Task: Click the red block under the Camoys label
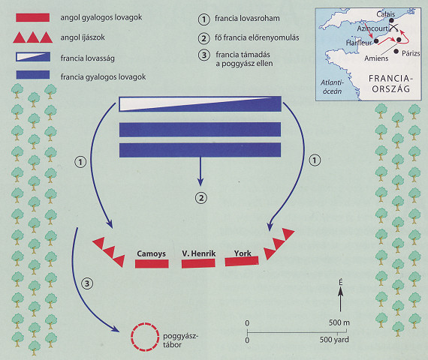(152, 264)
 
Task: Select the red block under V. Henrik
(198, 263)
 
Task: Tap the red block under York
(242, 261)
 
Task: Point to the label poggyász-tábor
(180, 340)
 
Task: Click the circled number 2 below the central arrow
(201, 198)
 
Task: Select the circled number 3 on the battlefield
(87, 283)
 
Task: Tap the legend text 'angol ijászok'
(83, 37)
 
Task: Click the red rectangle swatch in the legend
(33, 17)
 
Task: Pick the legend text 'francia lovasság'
(88, 58)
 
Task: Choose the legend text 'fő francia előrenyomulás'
(257, 37)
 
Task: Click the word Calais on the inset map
(385, 14)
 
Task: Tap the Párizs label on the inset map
(411, 53)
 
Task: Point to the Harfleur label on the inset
(359, 43)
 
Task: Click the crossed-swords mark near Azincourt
(393, 27)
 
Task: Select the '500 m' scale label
(339, 322)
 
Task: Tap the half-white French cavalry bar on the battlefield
(200, 104)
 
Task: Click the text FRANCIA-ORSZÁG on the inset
(391, 84)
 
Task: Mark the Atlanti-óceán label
(332, 87)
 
